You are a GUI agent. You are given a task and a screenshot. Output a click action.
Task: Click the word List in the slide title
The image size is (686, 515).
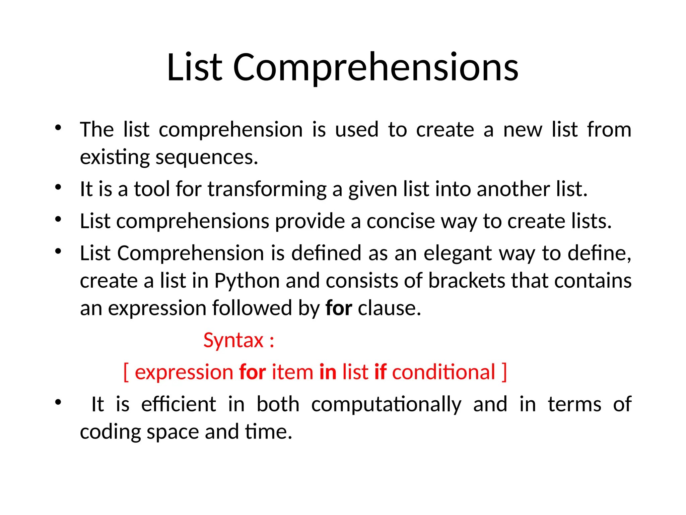pyautogui.click(x=194, y=68)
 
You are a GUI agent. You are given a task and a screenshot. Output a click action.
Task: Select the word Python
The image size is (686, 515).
pyautogui.click(x=247, y=281)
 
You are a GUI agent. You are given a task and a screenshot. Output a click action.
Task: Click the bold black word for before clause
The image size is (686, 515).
pyautogui.click(x=339, y=308)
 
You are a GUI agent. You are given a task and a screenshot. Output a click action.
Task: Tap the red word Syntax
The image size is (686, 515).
pyautogui.click(x=233, y=341)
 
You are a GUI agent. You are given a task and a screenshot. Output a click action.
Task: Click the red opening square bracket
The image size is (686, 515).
pyautogui.click(x=126, y=372)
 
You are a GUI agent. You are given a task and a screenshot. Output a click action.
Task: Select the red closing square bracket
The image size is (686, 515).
pyautogui.click(x=504, y=372)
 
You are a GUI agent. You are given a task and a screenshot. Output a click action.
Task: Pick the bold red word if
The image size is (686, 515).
pyautogui.click(x=380, y=372)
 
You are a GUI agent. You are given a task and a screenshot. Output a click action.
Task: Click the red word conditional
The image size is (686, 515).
pyautogui.click(x=443, y=372)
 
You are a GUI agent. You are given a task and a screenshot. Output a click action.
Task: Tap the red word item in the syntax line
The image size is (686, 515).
pyautogui.click(x=292, y=372)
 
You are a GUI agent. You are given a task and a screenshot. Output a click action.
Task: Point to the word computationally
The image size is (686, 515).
pyautogui.click(x=386, y=405)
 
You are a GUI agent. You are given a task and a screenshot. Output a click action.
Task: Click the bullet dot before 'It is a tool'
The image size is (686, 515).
pyautogui.click(x=58, y=187)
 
